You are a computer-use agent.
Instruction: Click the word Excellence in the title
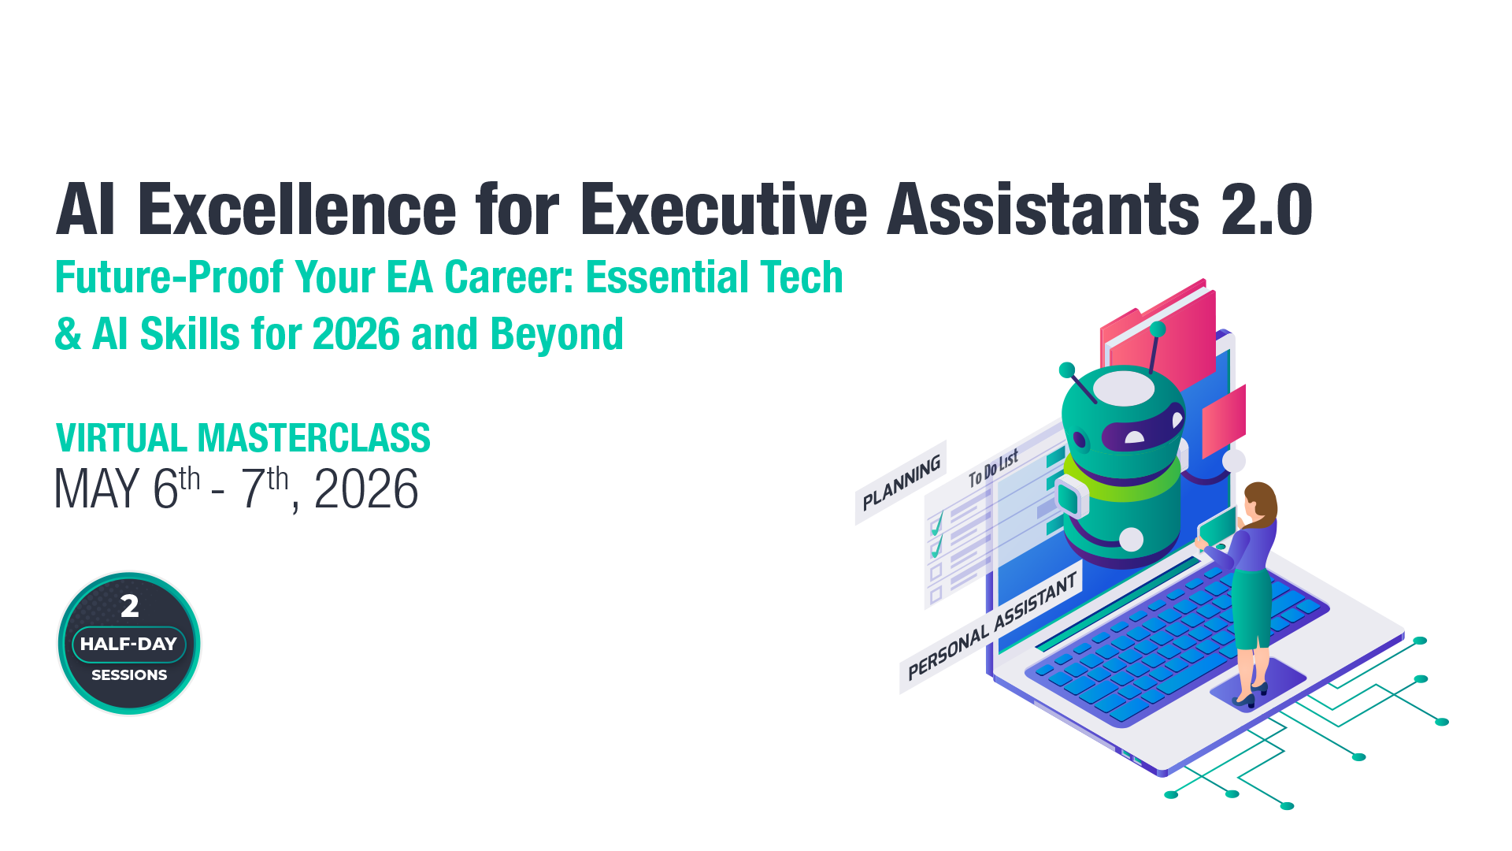[297, 210]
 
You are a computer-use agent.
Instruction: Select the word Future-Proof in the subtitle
[169, 278]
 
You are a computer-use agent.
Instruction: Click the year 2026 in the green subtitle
[356, 334]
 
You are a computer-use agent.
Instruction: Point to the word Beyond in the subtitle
[557, 334]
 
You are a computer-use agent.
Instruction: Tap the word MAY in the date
[96, 489]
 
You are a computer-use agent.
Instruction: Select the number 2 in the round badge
[130, 606]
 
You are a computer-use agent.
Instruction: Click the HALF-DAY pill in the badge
[128, 644]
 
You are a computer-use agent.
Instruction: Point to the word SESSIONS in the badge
[129, 675]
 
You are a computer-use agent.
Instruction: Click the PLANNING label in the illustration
[901, 482]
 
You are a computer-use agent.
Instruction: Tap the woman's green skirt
[1251, 607]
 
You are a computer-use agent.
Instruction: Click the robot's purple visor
[1142, 430]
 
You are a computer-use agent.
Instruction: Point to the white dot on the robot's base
[1131, 540]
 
